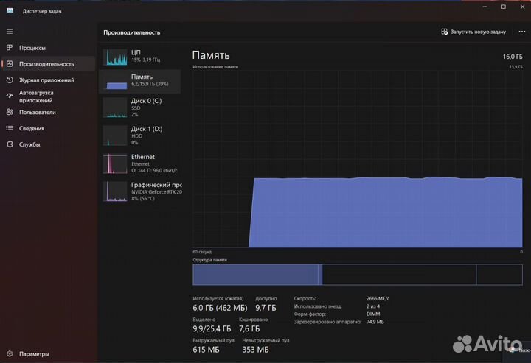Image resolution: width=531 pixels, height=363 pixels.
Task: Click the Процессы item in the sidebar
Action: tap(32, 48)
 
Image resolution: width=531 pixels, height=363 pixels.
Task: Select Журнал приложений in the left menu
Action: tap(46, 80)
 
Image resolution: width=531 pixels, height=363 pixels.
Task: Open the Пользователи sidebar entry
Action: tap(37, 112)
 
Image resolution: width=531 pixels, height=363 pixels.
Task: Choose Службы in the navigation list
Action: tap(29, 144)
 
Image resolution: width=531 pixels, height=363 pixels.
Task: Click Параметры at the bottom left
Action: tap(34, 353)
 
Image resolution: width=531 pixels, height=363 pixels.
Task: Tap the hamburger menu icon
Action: tap(10, 32)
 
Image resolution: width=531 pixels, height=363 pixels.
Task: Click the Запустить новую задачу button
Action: tap(473, 32)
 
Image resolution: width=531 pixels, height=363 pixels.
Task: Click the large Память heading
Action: tap(211, 55)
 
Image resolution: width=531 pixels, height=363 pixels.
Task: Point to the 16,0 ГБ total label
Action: tap(512, 56)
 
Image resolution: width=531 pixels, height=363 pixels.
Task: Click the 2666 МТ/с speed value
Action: tap(378, 298)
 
